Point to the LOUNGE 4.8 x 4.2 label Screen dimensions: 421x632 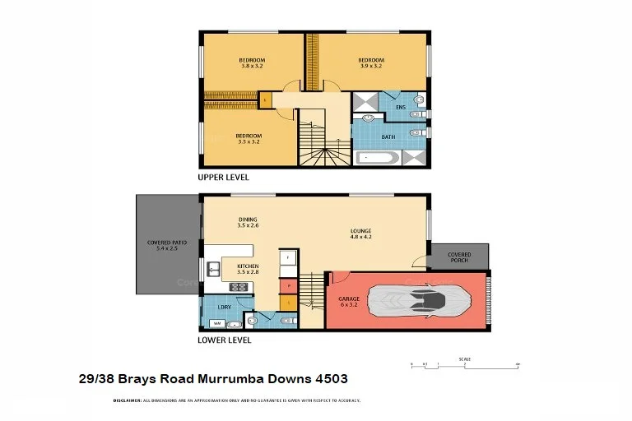tap(360, 234)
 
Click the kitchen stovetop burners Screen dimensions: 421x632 tap(239, 287)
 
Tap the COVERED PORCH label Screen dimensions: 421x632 tap(459, 258)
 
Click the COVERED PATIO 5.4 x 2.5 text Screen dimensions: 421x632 tap(166, 246)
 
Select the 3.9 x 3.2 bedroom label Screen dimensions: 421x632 tap(370, 63)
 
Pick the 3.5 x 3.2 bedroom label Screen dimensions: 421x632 tap(249, 139)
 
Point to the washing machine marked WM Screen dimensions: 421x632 tap(216, 323)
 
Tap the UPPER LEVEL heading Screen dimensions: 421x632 tap(223, 178)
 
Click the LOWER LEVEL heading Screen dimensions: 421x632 tap(224, 340)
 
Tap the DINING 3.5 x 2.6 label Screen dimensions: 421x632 tap(248, 223)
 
